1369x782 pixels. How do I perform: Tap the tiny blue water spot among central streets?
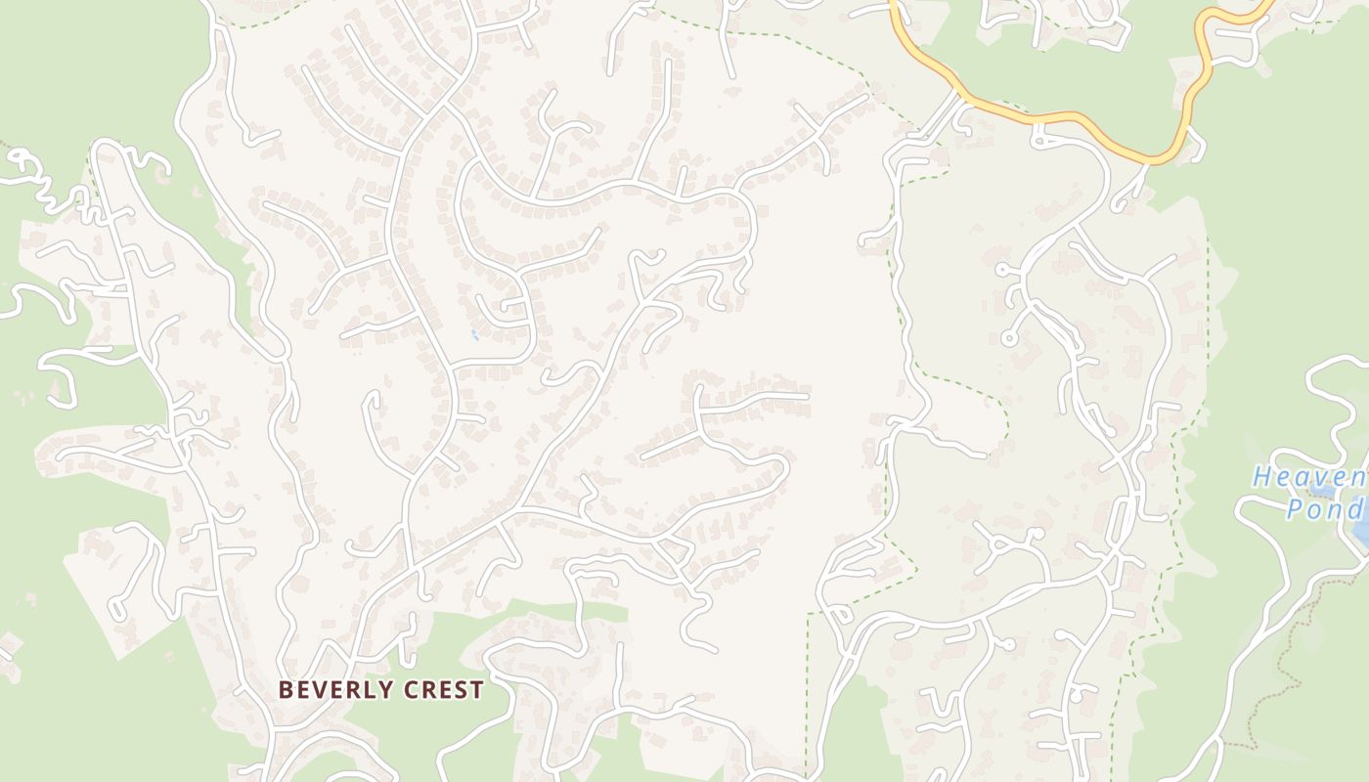474,335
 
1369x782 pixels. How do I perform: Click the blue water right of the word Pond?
1361,523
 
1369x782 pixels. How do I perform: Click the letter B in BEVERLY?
286,690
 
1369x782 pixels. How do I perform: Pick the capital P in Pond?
1294,509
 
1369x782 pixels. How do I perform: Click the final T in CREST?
477,690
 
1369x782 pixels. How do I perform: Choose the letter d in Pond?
1352,509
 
